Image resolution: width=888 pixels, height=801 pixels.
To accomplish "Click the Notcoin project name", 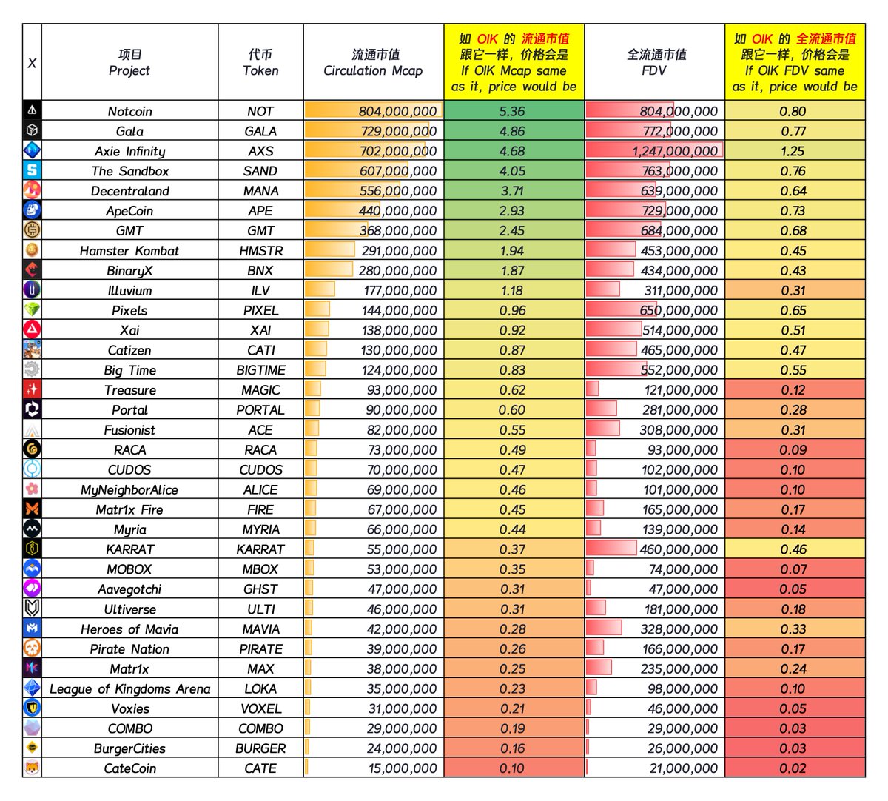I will (x=129, y=111).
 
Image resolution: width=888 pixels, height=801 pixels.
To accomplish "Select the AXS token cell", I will (x=260, y=151).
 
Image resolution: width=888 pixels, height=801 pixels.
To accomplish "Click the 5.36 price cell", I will (x=512, y=111).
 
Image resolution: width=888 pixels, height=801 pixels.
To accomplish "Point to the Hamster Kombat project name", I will (x=129, y=251).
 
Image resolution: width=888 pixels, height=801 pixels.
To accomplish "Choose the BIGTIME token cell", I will (x=260, y=370).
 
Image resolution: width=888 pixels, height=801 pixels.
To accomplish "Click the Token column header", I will (x=260, y=63).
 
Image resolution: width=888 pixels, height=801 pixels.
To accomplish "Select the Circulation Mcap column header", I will (x=373, y=63).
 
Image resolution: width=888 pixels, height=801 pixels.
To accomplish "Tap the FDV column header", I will (x=655, y=63).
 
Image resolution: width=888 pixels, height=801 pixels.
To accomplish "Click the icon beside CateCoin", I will (x=32, y=768).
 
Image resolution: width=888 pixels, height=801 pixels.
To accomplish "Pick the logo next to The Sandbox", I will (x=32, y=170).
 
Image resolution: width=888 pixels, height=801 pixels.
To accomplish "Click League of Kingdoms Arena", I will (x=129, y=689).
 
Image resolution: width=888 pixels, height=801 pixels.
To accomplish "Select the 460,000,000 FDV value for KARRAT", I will (x=679, y=549).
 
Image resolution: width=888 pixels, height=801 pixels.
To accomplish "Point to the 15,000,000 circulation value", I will (x=403, y=768).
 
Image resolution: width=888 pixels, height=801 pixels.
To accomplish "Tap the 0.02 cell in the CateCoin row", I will (x=793, y=768).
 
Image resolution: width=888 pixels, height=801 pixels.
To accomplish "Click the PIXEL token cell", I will (x=260, y=311).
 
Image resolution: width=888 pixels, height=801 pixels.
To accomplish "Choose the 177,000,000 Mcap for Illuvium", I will (x=399, y=291).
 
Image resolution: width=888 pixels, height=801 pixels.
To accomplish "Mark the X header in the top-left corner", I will (x=32, y=63).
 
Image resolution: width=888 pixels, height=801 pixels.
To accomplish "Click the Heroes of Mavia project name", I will (x=129, y=629).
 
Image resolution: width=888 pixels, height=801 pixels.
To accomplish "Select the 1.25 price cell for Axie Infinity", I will (x=793, y=151).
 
